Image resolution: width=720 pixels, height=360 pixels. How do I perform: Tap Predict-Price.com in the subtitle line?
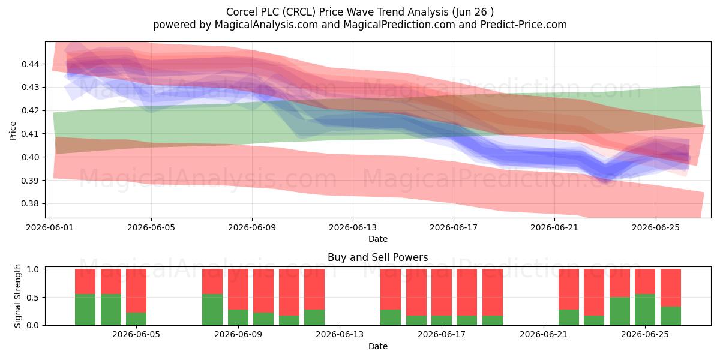[x=524, y=25]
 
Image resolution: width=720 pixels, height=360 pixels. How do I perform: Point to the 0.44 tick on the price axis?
[x=31, y=64]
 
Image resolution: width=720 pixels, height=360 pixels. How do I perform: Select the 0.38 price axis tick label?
[x=31, y=204]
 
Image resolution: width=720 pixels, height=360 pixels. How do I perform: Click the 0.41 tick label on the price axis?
[x=31, y=134]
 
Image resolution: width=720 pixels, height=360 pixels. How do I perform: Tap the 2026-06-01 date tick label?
[x=50, y=227]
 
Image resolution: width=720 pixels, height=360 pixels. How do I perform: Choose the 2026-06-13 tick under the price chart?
[x=353, y=227]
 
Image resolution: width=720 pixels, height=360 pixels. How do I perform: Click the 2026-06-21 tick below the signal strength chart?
[x=544, y=335]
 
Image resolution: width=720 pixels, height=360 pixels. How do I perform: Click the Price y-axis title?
[x=13, y=131]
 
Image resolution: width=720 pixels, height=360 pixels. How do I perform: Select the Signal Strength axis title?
[x=17, y=296]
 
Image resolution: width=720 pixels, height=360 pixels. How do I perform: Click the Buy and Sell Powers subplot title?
[x=377, y=257]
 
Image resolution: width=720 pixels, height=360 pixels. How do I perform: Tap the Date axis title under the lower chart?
[x=377, y=346]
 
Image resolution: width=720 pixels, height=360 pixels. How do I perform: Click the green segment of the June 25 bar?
[x=645, y=310]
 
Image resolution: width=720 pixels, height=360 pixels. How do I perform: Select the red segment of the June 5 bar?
[x=136, y=291]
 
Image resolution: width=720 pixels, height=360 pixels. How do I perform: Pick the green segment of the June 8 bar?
[x=212, y=310]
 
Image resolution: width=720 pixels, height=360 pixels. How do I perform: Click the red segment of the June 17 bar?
[x=441, y=293]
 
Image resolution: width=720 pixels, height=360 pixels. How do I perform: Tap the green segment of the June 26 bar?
[x=671, y=316]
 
